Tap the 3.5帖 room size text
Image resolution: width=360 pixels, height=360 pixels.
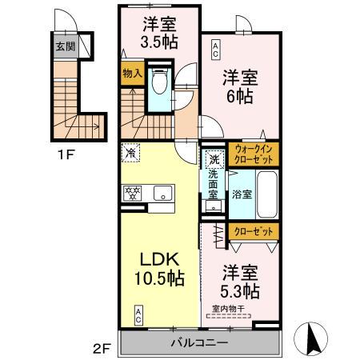click(150, 42)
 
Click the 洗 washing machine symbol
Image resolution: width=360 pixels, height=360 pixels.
click(214, 159)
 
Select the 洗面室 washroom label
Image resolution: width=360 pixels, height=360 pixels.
click(214, 186)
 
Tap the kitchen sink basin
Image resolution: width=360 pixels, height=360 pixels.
click(162, 193)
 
